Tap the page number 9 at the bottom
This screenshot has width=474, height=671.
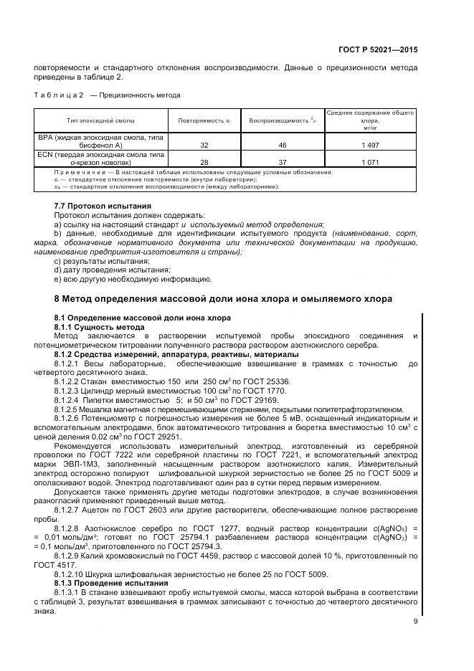415,622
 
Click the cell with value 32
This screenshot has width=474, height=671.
204,144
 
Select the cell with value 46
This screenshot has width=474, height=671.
282,144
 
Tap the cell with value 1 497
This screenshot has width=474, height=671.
369,144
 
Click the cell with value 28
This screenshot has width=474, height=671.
204,162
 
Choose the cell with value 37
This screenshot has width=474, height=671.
282,162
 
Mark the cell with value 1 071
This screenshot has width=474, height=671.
369,162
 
